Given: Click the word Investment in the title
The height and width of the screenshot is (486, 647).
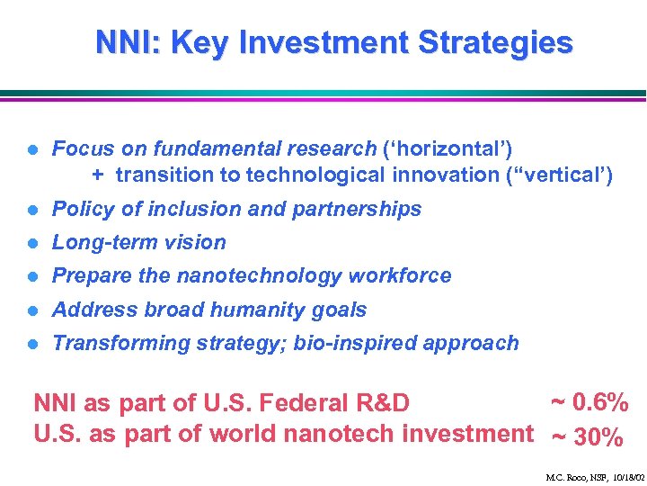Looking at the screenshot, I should [x=334, y=42].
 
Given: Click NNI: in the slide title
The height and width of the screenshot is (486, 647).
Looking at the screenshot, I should [x=125, y=42].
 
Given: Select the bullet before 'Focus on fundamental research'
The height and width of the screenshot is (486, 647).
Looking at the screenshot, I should [x=31, y=148].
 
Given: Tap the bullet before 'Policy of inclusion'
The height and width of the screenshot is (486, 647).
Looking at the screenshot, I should [x=31, y=210].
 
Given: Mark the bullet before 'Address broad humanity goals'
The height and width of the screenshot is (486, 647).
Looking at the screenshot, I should [x=31, y=310].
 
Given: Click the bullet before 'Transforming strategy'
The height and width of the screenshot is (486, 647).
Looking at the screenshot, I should [x=31, y=344].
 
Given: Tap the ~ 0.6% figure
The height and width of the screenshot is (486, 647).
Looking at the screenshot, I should [x=589, y=401].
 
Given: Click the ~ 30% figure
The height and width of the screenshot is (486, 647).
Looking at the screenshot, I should [x=587, y=437].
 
